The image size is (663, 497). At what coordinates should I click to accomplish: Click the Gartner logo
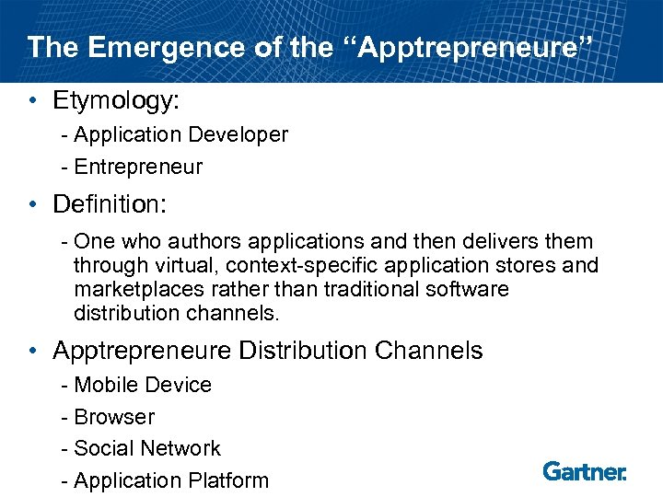click(585, 471)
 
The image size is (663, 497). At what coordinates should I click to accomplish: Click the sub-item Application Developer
click(180, 135)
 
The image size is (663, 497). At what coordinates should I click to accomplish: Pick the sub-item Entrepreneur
click(138, 167)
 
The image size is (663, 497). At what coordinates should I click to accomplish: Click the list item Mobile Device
click(143, 385)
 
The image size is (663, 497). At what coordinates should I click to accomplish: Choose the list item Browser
click(114, 417)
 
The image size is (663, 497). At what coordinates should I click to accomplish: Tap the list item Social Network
click(147, 448)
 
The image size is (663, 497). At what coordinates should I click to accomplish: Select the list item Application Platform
click(171, 480)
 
